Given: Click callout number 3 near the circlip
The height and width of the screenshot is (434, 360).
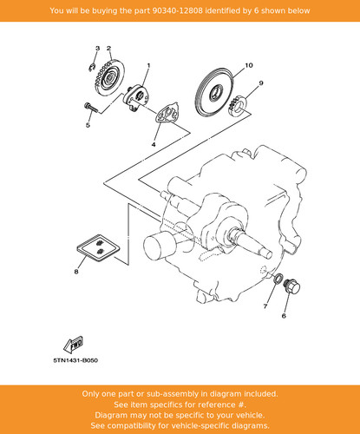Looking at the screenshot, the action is pos(98,49).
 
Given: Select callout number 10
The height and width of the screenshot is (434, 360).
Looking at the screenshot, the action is pos(249,66).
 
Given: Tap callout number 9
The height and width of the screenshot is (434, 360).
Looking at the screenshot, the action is pos(261,83).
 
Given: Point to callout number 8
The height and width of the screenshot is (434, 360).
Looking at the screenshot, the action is pos(76,272).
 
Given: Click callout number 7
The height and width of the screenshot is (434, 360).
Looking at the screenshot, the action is pos(265,306).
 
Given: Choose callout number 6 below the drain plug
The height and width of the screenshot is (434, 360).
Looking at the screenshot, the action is pos(284,316).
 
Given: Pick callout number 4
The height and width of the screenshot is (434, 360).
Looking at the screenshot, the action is pos(154,144).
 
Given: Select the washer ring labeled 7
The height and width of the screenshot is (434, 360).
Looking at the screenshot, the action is pos(278,278).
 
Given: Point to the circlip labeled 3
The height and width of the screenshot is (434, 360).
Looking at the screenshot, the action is pos(92,68).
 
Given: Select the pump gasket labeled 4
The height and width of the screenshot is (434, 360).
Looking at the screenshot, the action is pos(167,113).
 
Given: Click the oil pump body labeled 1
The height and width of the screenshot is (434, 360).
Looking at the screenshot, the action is pos(136,97).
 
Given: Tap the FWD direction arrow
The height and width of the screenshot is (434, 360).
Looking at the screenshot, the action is pos(74,345).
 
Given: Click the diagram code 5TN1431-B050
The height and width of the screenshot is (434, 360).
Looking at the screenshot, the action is pos(75,360).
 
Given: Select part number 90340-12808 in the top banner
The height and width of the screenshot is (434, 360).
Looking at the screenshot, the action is pos(177,10).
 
